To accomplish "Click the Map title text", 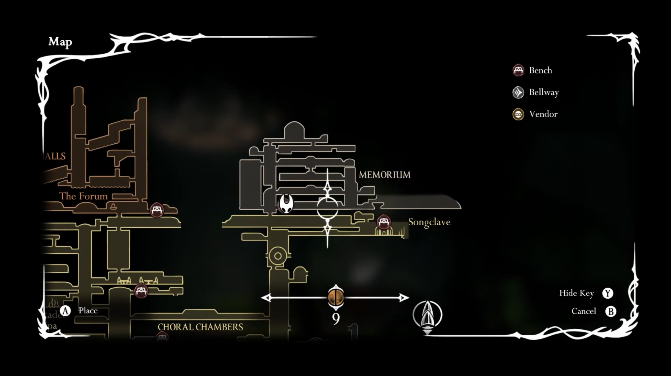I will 60,42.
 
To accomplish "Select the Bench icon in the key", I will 518,70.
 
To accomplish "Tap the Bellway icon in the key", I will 518,92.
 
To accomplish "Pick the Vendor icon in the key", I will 518,114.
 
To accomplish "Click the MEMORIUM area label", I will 384,175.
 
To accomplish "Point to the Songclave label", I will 429,222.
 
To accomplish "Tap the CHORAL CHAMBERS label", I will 200,327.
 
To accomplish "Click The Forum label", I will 83,196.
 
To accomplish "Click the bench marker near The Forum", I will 157,210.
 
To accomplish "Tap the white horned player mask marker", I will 286,203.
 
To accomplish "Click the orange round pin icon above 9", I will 336,297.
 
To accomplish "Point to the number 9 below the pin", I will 336,318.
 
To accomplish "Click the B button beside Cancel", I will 610,311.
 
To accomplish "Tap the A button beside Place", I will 65,311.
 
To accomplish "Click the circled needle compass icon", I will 427,315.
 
